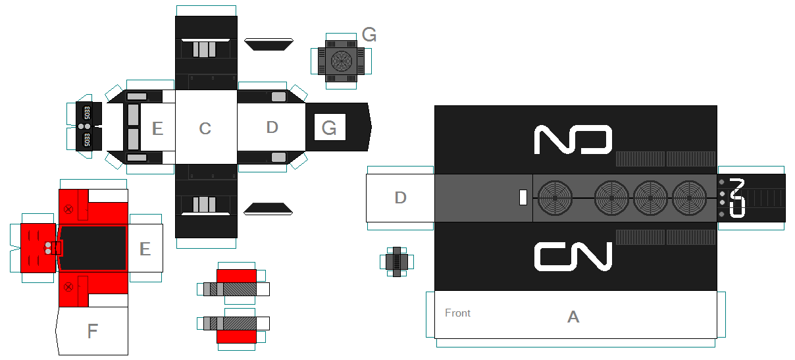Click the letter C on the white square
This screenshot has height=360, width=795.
point(205,128)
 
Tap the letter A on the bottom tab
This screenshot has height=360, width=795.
point(573,317)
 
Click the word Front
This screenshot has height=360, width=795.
point(457,313)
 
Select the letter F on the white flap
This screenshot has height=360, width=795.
point(92,332)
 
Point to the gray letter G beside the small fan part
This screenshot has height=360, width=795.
point(369,35)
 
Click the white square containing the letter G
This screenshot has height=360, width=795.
point(330,127)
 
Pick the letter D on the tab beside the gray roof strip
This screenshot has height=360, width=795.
point(400,197)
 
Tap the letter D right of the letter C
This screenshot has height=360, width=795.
point(272,127)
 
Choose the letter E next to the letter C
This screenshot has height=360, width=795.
point(157,128)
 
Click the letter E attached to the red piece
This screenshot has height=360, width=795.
point(145,248)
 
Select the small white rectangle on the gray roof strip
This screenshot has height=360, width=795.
point(523,197)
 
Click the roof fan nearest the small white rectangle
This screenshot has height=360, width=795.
point(555,197)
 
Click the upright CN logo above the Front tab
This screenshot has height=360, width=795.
point(573,257)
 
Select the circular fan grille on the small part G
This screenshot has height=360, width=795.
point(342,61)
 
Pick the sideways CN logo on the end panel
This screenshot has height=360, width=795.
point(737,197)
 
